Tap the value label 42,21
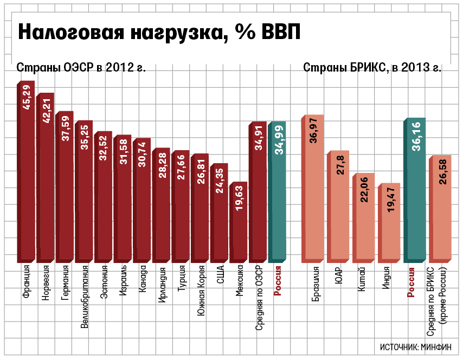click(x=47, y=111)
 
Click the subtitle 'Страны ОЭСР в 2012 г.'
click(x=81, y=68)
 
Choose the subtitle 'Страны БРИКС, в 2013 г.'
click(x=372, y=68)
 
